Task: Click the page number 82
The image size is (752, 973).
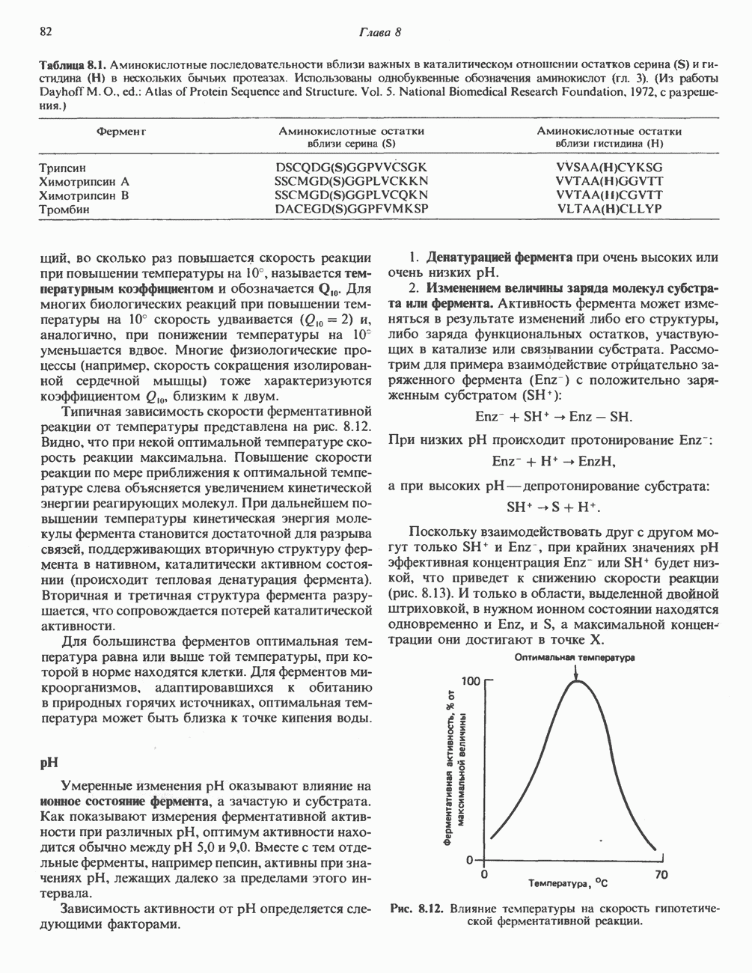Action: click(x=46, y=32)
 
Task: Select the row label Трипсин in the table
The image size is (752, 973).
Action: click(x=67, y=168)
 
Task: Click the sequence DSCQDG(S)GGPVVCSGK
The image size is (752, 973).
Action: click(x=351, y=168)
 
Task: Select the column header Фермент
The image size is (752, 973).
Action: click(x=120, y=132)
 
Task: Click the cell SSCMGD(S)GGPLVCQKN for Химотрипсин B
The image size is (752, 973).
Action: click(x=351, y=195)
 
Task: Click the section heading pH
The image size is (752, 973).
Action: click(x=49, y=763)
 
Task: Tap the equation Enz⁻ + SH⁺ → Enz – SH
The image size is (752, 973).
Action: click(x=554, y=416)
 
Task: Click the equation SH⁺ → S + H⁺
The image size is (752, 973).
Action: click(x=554, y=507)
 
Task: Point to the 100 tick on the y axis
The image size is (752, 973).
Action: click(x=470, y=681)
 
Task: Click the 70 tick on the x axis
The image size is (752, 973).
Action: click(x=661, y=873)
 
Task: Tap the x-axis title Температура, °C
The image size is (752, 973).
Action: click(x=572, y=883)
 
